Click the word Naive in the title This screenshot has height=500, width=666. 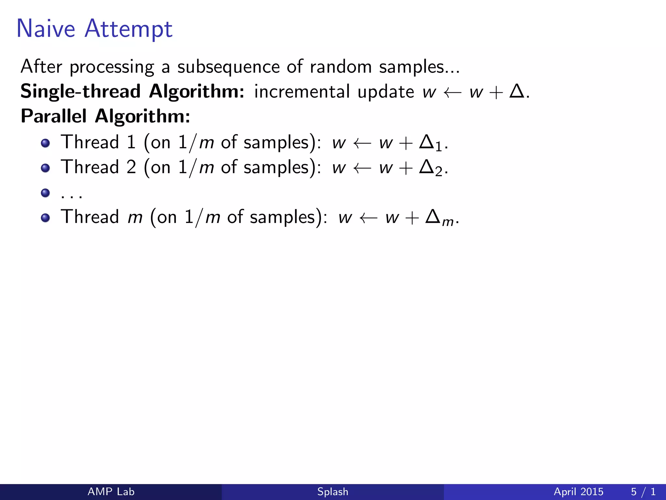click(x=46, y=29)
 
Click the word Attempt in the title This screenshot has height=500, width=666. click(x=128, y=29)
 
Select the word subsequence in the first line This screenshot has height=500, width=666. click(x=228, y=67)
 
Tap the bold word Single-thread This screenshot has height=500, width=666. click(x=80, y=91)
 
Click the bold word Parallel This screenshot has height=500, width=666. click(x=54, y=116)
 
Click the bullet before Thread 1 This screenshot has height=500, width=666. click(x=46, y=143)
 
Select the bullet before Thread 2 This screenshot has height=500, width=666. click(x=46, y=168)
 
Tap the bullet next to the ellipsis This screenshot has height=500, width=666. click(x=46, y=193)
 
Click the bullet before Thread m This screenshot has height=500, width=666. click(x=46, y=218)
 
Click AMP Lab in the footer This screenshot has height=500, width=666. click(x=111, y=492)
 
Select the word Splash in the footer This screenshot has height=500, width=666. click(x=333, y=492)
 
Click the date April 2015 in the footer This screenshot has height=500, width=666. click(x=578, y=492)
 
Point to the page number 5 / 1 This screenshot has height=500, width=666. click(x=643, y=492)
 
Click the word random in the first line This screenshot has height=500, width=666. click(x=340, y=67)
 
